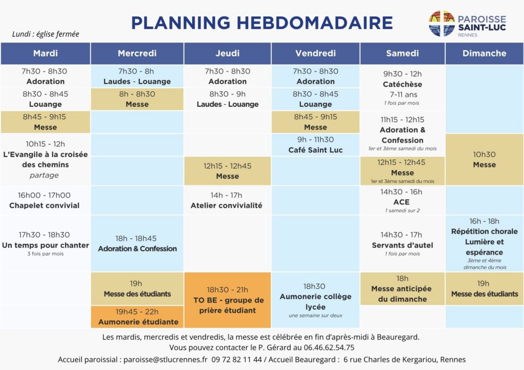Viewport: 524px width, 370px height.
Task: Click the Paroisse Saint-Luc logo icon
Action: (x=442, y=24)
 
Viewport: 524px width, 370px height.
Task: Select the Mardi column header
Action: (x=46, y=53)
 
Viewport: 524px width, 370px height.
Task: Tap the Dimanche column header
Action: (x=484, y=53)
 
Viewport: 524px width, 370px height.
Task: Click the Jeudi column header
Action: (x=228, y=53)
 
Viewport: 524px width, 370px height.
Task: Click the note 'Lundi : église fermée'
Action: (x=46, y=34)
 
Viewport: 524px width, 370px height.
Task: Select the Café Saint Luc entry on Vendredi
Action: (x=315, y=145)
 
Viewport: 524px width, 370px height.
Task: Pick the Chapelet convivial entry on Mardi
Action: (x=45, y=200)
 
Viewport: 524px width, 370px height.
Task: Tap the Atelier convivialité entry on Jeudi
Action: (x=227, y=200)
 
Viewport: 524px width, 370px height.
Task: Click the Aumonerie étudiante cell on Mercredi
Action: (x=137, y=316)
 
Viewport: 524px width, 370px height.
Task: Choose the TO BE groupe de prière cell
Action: (x=227, y=300)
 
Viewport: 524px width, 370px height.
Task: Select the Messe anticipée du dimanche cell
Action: (x=402, y=289)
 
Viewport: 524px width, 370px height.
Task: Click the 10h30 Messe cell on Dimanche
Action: (x=484, y=159)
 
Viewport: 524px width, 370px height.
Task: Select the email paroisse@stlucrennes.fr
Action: (x=164, y=359)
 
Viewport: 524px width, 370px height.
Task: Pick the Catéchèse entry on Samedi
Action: (x=402, y=84)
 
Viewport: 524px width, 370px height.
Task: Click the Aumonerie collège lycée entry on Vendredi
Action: (x=315, y=300)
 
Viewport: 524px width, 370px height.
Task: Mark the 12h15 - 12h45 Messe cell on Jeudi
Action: (x=227, y=171)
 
